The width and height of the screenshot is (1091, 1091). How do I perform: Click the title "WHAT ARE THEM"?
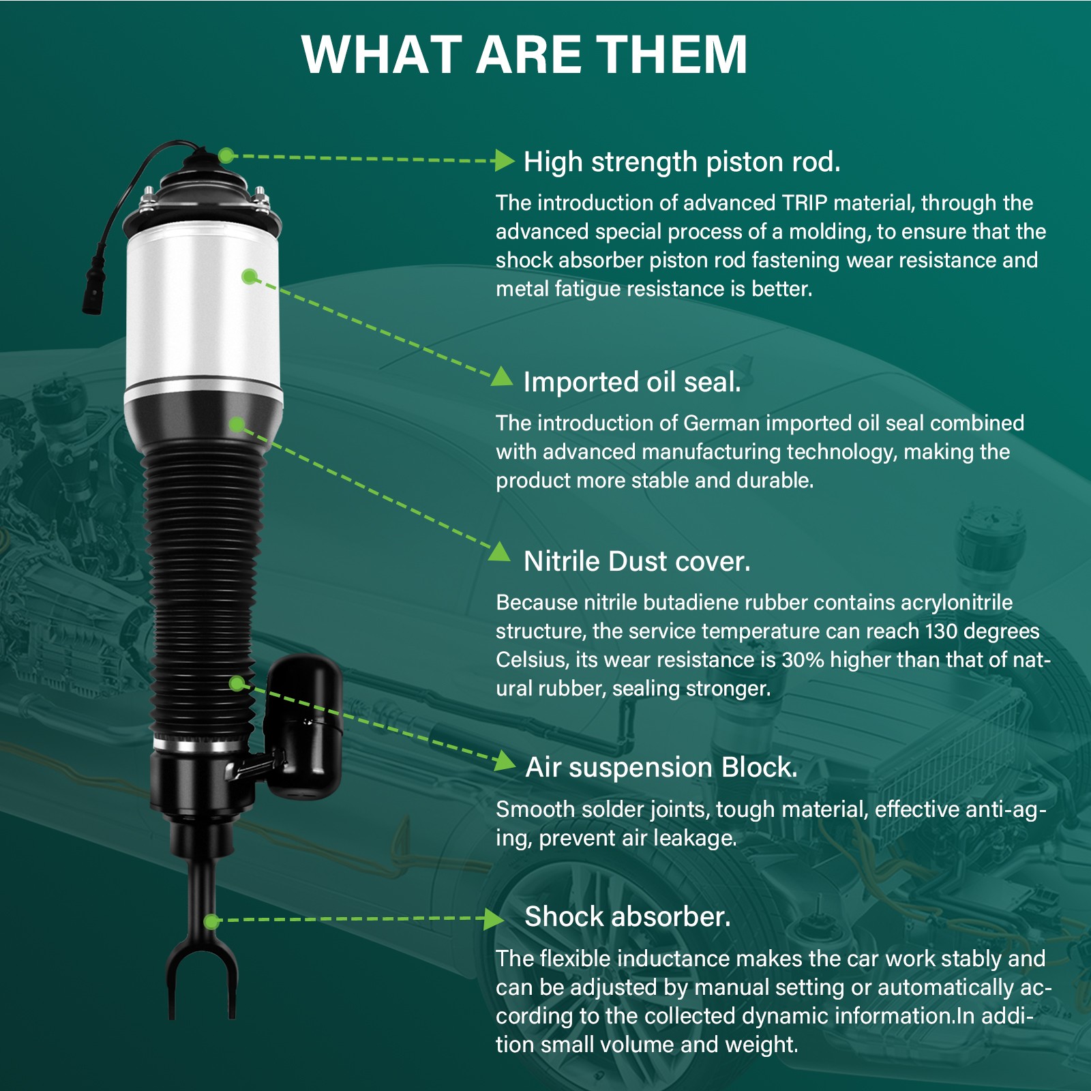click(x=524, y=55)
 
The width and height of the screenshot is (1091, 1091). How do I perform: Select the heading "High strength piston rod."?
click(x=682, y=162)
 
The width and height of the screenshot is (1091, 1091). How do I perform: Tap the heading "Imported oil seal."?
click(x=632, y=382)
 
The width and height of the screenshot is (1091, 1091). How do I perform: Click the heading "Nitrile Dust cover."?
click(x=637, y=561)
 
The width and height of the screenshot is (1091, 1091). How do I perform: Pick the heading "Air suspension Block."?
click(x=661, y=767)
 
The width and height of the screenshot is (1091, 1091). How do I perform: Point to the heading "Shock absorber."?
click(x=627, y=916)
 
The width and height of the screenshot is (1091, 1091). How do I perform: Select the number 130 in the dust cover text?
click(x=941, y=631)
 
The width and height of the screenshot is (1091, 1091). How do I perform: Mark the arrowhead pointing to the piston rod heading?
click(x=505, y=161)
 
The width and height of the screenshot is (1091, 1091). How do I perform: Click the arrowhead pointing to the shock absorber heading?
click(x=494, y=919)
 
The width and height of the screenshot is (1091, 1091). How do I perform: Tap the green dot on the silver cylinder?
click(x=250, y=276)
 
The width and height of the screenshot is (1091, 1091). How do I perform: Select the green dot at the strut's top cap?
click(x=226, y=155)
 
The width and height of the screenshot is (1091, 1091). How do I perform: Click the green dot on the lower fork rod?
click(x=212, y=922)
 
